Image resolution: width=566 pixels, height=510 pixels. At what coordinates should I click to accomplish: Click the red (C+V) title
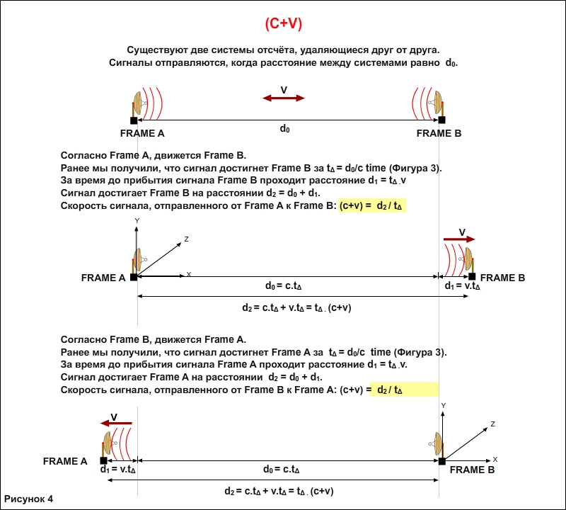(283, 23)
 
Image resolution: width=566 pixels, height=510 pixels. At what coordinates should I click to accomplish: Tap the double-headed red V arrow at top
(284, 98)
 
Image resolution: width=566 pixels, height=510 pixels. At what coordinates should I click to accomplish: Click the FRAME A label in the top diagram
(142, 133)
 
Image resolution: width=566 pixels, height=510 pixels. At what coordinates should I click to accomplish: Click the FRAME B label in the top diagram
(439, 133)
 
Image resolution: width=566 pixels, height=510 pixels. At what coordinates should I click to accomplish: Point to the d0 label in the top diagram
(284, 129)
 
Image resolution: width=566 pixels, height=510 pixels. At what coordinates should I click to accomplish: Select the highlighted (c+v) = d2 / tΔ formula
(372, 206)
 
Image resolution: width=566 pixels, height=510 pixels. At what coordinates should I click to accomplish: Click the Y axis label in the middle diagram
(136, 221)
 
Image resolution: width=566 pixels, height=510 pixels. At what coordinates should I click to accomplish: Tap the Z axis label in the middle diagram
(186, 239)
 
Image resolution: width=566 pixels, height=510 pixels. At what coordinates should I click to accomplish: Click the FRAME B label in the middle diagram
(502, 278)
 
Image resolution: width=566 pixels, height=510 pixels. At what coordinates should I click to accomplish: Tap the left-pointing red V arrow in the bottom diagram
(117, 422)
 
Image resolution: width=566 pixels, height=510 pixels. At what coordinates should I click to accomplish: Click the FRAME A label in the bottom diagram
(65, 461)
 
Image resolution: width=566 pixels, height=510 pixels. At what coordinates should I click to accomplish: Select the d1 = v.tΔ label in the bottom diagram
(118, 469)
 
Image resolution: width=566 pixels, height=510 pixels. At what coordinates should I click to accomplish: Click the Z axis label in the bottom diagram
(492, 424)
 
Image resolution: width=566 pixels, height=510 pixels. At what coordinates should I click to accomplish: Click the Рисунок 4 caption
(29, 499)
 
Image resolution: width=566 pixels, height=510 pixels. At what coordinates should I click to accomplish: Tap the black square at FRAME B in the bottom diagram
(442, 461)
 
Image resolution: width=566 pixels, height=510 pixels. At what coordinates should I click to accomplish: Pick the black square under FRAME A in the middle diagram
(134, 277)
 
